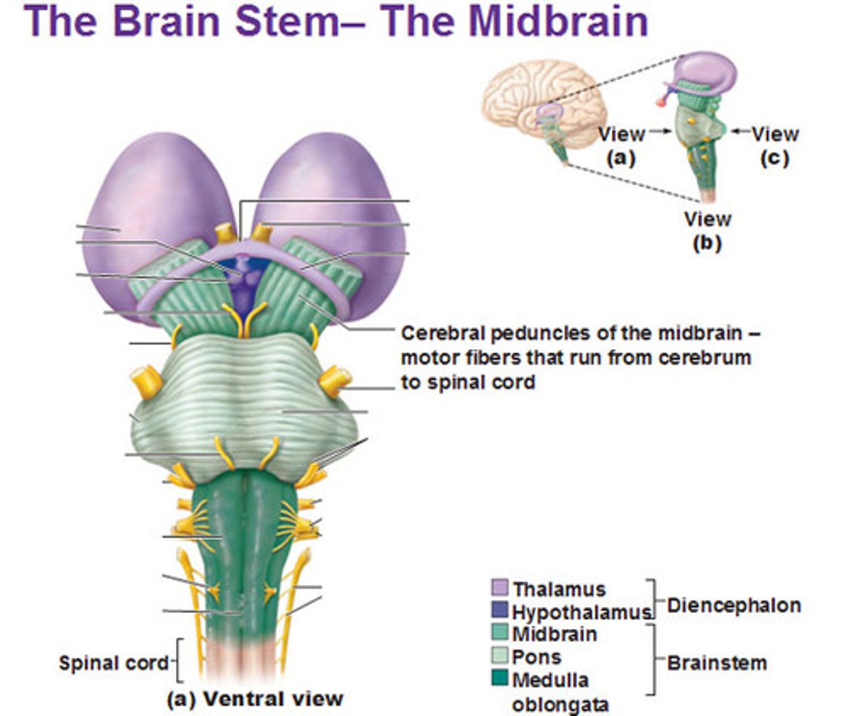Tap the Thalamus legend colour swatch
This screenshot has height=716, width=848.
[499, 588]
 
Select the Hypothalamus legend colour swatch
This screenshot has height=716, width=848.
[499, 610]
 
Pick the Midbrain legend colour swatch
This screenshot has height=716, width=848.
[499, 633]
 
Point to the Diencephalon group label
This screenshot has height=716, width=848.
[733, 605]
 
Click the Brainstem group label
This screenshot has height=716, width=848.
[716, 662]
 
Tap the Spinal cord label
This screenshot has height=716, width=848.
[113, 662]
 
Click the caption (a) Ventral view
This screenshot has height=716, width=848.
[255, 699]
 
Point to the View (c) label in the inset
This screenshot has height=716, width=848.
[775, 145]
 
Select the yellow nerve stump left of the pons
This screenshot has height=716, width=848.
[145, 382]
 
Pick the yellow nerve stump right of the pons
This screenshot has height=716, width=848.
[335, 380]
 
